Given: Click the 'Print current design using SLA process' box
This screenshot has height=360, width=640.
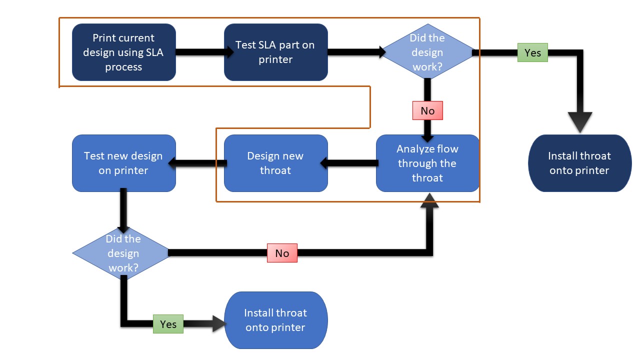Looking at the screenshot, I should [x=123, y=52].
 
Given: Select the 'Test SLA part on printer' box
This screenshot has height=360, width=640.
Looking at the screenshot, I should [x=275, y=52].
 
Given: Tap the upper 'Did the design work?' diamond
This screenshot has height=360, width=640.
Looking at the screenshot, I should [x=427, y=52].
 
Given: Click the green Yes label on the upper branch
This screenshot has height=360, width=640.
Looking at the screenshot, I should [x=532, y=52].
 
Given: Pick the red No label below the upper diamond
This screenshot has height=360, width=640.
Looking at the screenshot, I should [x=427, y=110].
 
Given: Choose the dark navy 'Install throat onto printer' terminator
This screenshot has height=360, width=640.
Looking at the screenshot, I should [x=579, y=163].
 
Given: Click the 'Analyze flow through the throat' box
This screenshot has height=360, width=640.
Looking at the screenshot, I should [x=427, y=163].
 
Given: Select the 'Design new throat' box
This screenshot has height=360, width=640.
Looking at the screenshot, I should [x=275, y=163].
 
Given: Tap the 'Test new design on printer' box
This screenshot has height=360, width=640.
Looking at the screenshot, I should [x=123, y=163].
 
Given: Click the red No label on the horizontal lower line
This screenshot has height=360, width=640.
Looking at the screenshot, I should [x=282, y=253].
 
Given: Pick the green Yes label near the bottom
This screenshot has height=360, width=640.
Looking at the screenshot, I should [x=168, y=324].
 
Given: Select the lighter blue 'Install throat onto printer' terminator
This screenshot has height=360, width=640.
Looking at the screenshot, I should [x=275, y=320].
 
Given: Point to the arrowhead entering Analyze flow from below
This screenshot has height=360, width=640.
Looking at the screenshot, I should [x=430, y=200].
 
